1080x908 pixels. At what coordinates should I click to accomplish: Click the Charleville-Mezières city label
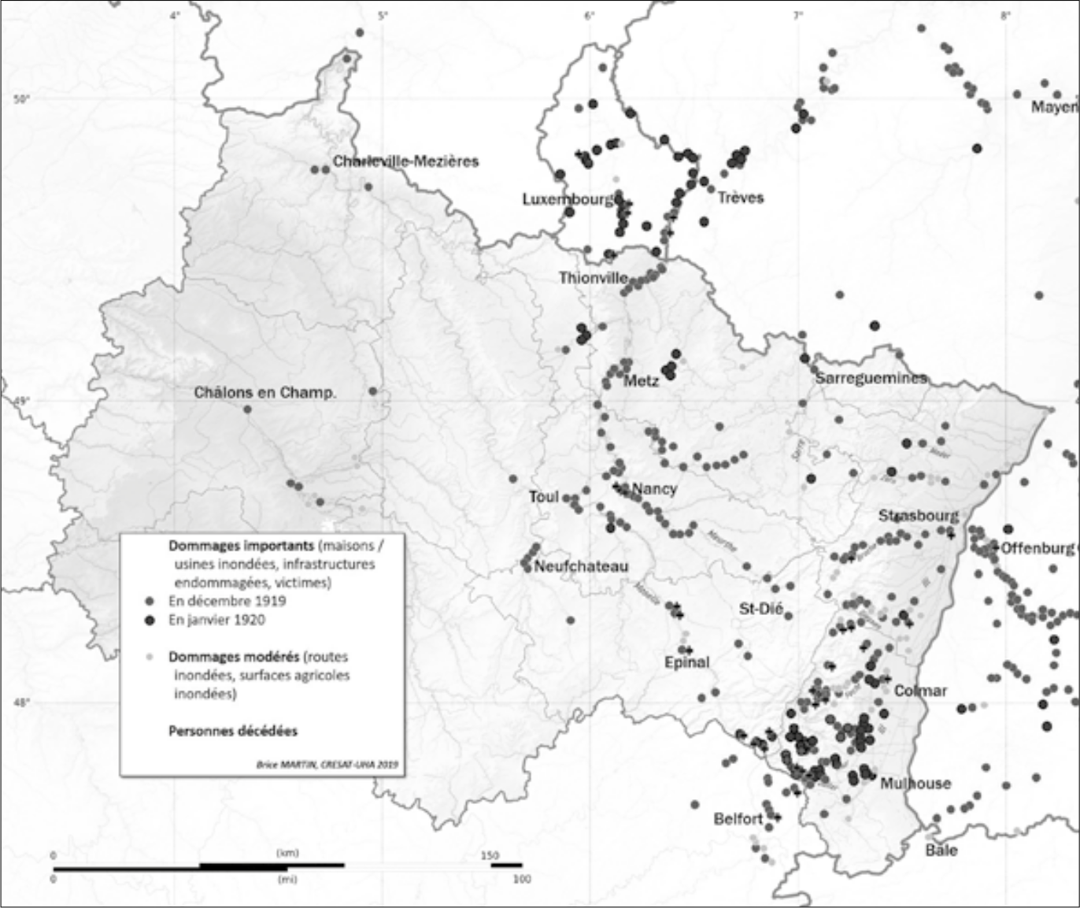[405, 161]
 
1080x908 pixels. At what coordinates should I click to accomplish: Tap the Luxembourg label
[567, 199]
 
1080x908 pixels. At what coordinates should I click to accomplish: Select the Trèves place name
[740, 198]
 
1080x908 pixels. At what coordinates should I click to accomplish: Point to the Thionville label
[594, 278]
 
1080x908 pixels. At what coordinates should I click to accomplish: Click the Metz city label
[641, 381]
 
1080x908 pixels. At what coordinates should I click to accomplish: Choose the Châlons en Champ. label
[265, 392]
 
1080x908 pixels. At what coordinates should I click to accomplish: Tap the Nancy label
[654, 489]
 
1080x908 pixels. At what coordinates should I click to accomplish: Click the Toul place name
[544, 497]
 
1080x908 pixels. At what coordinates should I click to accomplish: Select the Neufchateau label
[581, 567]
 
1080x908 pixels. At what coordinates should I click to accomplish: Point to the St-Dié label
[760, 609]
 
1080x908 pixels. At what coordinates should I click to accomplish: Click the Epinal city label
[687, 662]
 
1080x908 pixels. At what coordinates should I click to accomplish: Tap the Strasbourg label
[919, 516]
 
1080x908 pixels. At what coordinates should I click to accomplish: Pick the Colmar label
[920, 691]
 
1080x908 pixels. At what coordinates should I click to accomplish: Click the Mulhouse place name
[915, 784]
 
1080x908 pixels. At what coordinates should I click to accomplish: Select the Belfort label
[738, 819]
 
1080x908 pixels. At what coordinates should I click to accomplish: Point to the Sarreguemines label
[871, 378]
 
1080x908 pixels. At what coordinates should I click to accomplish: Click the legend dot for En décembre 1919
[150, 601]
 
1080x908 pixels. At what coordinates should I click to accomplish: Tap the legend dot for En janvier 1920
[150, 620]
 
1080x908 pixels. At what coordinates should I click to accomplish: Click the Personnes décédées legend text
[233, 731]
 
